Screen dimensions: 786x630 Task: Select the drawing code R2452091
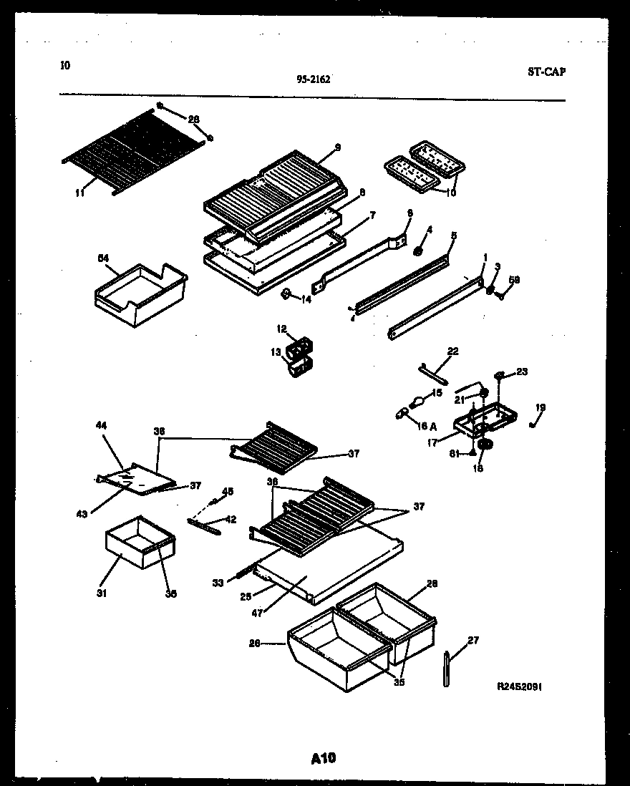point(520,686)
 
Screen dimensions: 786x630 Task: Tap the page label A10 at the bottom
point(324,758)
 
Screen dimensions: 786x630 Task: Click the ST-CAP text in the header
point(546,72)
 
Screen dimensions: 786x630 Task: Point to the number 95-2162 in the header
point(314,79)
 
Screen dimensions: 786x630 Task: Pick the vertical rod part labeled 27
point(447,668)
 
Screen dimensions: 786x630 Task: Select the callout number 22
point(452,351)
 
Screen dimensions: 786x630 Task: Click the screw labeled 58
point(498,294)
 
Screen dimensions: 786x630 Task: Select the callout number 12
point(281,329)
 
